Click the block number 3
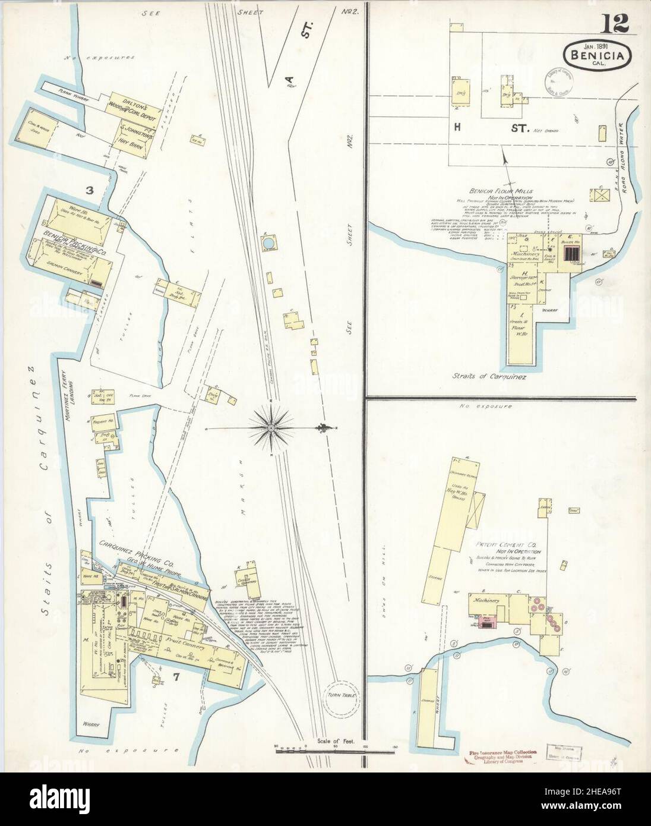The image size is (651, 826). [90, 191]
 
